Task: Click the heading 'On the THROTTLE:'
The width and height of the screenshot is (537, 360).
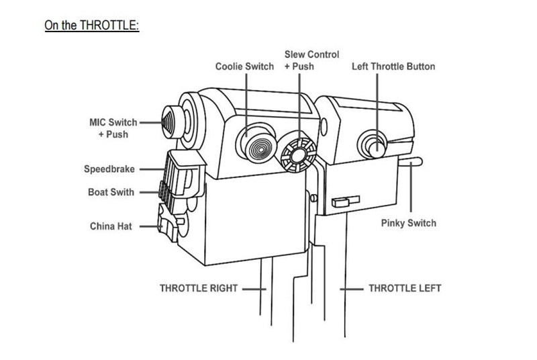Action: coord(91,26)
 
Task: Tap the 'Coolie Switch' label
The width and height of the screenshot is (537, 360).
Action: coord(244,66)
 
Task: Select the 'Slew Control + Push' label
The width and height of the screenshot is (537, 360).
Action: coord(312,60)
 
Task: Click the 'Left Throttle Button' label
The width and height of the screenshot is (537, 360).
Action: coord(393,66)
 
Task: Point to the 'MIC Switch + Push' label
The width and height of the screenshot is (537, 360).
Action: coord(113,128)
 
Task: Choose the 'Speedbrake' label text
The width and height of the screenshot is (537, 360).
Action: coord(109,169)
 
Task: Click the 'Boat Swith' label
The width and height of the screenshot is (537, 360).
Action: coord(111,192)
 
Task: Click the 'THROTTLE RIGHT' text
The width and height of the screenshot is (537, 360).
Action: coord(199,288)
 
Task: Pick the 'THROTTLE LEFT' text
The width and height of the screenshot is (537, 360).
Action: coord(405,288)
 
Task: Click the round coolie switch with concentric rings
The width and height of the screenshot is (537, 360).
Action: coord(256,143)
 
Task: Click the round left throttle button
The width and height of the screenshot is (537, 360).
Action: coord(373,143)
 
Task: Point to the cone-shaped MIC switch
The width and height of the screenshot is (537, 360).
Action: coord(170,124)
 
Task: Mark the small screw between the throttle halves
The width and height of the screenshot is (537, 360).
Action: coord(314,197)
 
